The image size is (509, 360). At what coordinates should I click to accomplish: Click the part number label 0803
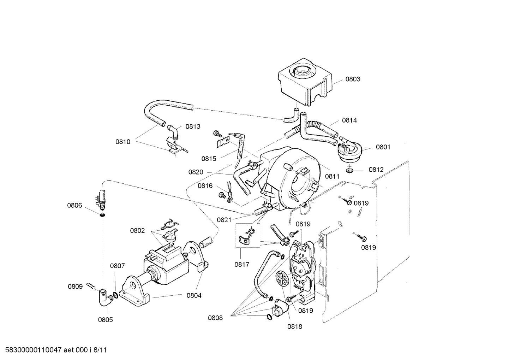point(352,79)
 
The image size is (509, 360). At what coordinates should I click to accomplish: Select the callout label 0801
point(383,147)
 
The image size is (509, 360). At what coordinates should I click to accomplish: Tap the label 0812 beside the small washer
point(376,170)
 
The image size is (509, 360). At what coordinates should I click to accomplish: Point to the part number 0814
point(349,120)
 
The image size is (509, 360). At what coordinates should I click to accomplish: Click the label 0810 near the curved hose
point(123,142)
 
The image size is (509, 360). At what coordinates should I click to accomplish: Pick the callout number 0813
point(193,126)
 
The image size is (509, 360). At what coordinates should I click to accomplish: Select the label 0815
point(209,159)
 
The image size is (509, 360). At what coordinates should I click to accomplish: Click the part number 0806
point(74,205)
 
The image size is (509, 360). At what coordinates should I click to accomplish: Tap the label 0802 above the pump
point(137,231)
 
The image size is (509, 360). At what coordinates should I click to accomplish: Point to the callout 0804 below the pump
point(194,295)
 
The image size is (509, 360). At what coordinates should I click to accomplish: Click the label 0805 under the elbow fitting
point(105,320)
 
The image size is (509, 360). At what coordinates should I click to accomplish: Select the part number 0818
point(294,327)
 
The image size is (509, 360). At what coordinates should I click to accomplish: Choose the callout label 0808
point(215,318)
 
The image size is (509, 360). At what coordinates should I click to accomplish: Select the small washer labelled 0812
point(350,171)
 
